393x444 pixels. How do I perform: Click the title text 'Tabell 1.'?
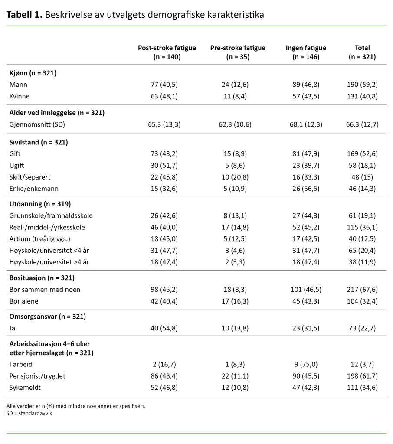click(x=24, y=15)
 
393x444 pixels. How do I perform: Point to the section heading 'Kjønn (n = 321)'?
click(x=33, y=73)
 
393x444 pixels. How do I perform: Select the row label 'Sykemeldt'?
click(x=25, y=387)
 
